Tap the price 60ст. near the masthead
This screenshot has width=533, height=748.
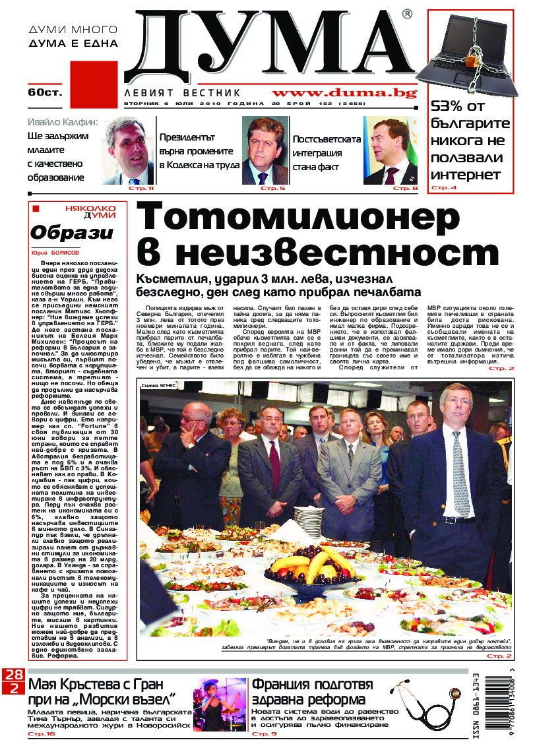(x=44, y=92)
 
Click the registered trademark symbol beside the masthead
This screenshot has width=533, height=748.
(x=407, y=15)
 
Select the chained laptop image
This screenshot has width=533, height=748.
(x=469, y=54)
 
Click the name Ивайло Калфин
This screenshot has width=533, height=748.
(x=63, y=122)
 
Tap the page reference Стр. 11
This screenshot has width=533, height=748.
(x=141, y=189)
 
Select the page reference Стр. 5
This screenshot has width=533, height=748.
(x=272, y=189)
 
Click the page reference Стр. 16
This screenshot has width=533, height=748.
(x=41, y=733)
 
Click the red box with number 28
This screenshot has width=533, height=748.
(x=13, y=675)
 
